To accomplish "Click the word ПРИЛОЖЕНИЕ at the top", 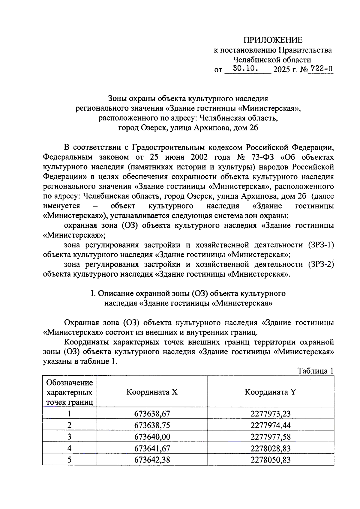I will [x=272, y=40].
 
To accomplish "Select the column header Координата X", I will [x=152, y=392].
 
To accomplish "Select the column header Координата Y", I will [x=270, y=392].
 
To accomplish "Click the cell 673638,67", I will [x=152, y=414].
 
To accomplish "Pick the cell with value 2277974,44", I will [x=270, y=425].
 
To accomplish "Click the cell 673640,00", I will [x=152, y=437].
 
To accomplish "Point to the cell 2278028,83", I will [x=270, y=448].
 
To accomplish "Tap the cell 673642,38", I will [x=152, y=460].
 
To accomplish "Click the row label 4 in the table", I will [x=69, y=448].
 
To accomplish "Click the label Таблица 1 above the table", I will [x=315, y=371].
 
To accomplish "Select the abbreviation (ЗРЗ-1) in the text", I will [x=321, y=245].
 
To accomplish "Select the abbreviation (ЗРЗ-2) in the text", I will [x=321, y=264].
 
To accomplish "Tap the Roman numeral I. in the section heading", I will [x=93, y=293].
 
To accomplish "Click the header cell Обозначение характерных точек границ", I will [x=69, y=392].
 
